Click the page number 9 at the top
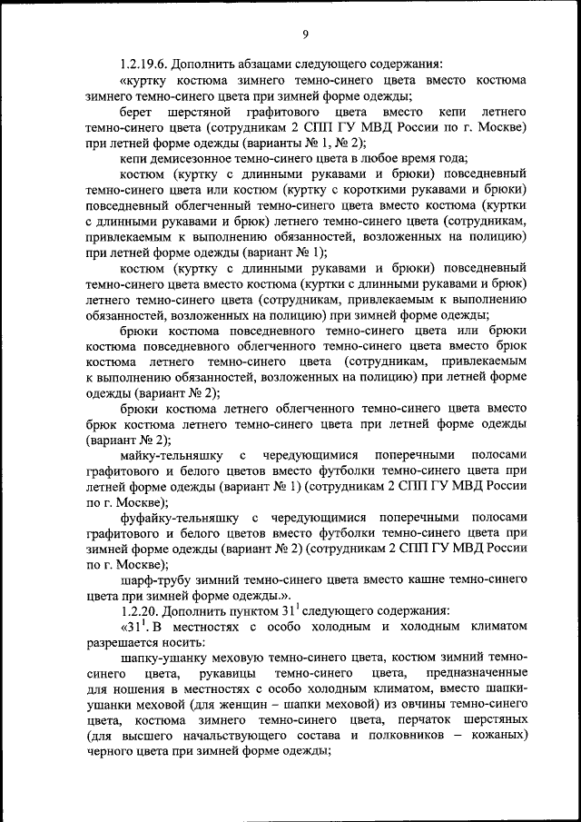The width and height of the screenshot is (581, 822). coord(306,35)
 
